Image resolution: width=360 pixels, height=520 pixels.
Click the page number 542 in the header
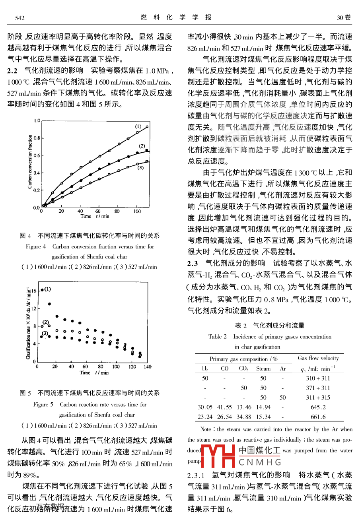tap(20, 18)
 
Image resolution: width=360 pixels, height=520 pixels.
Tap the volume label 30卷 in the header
tap(344, 18)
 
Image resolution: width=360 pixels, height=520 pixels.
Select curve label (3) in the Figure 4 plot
tap(140, 168)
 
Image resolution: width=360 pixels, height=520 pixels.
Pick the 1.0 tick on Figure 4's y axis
tap(37, 120)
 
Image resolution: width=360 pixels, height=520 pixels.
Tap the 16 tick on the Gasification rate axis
tap(34, 291)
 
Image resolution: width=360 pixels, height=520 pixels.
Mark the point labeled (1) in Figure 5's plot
tap(42, 290)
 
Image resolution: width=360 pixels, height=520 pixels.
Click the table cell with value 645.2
tap(318, 407)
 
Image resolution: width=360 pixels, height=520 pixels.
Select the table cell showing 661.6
tap(318, 417)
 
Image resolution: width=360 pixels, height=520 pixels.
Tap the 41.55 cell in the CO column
tap(224, 407)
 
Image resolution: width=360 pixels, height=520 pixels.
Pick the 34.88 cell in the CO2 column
tap(244, 417)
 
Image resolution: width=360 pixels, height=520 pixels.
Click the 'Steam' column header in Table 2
tap(263, 369)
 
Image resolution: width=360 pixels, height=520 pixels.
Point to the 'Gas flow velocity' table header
tap(318, 358)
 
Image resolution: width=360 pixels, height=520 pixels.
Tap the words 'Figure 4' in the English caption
tap(36, 246)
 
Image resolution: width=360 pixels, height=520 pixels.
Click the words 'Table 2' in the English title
tap(217, 336)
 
